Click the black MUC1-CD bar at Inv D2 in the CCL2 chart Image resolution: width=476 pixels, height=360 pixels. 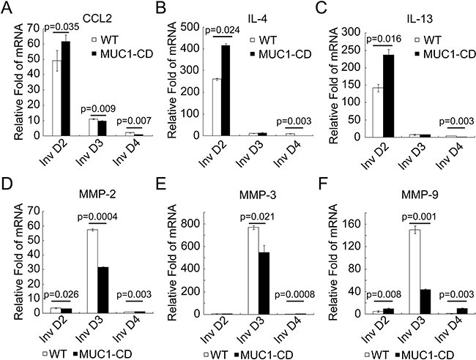coord(66,89)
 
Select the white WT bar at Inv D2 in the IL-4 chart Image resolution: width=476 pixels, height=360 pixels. coord(217,108)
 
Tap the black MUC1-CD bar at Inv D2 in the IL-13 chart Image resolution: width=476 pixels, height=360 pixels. coord(389,96)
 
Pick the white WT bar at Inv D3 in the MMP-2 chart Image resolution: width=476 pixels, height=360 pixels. coord(92,271)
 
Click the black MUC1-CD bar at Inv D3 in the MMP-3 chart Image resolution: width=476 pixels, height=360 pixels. coord(264,283)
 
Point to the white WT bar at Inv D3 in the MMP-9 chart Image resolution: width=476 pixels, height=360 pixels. coord(414,271)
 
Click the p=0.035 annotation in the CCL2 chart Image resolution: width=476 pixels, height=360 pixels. coord(62,27)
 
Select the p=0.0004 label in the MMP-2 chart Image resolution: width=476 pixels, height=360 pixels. coord(97,217)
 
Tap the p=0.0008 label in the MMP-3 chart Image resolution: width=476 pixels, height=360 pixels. coord(295,294)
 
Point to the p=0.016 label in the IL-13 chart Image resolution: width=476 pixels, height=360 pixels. coord(384,39)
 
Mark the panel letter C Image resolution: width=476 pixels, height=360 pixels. coord(321,8)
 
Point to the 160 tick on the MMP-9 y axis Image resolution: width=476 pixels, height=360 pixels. coord(351,225)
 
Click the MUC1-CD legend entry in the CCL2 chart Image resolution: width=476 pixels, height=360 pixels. coord(122,53)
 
